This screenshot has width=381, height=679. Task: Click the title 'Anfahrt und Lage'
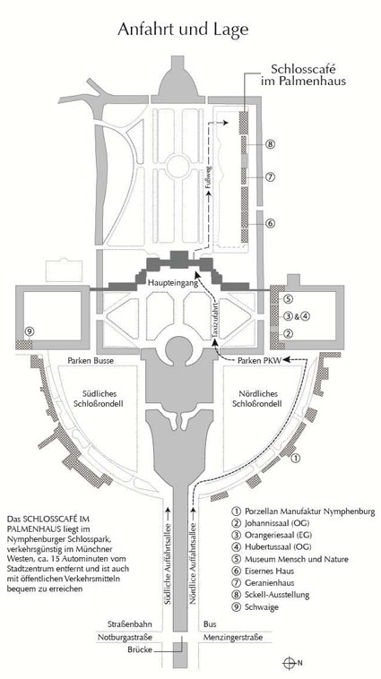[184, 30]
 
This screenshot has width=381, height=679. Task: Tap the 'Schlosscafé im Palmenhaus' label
[308, 75]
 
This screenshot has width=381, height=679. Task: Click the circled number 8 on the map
[271, 144]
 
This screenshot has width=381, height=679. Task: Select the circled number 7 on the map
[271, 177]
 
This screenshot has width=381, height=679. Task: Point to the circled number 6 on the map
[271, 223]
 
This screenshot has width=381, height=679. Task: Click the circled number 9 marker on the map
[30, 331]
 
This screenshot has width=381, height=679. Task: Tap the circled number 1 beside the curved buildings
[296, 458]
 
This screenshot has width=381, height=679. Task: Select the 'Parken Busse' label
[91, 360]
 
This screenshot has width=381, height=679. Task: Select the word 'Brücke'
[139, 649]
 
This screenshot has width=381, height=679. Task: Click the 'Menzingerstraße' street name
[233, 638]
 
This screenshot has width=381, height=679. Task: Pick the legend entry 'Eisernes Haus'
[260, 572]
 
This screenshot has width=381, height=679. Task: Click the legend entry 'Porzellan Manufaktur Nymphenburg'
[304, 511]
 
